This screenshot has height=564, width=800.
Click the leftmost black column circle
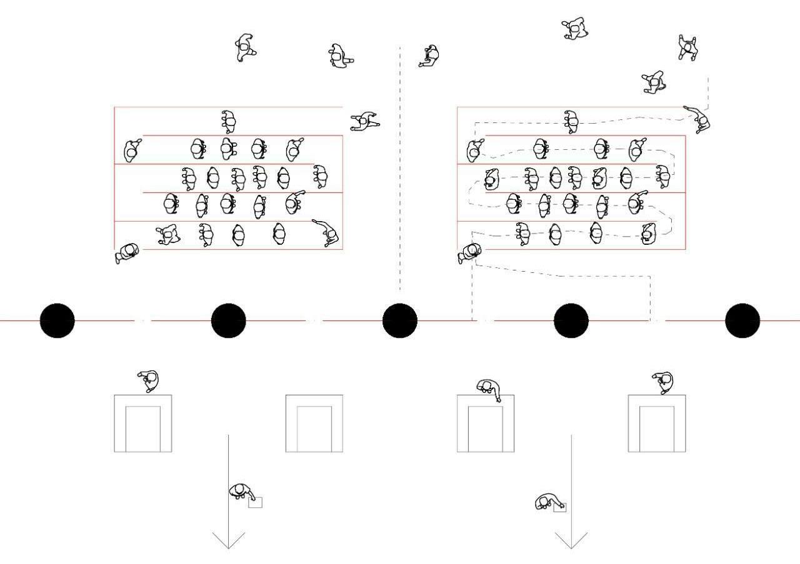tap(57, 320)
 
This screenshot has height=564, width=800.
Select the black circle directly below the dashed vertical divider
tap(399, 320)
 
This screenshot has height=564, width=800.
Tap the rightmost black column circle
tap(742, 320)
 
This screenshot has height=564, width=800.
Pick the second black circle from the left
tap(229, 320)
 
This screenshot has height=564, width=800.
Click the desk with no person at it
tap(314, 423)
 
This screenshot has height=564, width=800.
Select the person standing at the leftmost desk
tap(149, 380)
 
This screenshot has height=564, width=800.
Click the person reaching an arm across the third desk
tap(489, 389)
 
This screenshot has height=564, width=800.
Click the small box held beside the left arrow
tap(256, 502)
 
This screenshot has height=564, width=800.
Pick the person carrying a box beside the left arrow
tap(239, 491)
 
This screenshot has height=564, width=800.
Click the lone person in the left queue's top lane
tap(229, 121)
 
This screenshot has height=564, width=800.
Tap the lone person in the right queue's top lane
tap(571, 121)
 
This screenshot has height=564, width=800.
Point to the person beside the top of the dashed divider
tap(430, 56)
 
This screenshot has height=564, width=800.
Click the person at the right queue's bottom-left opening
tap(469, 252)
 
